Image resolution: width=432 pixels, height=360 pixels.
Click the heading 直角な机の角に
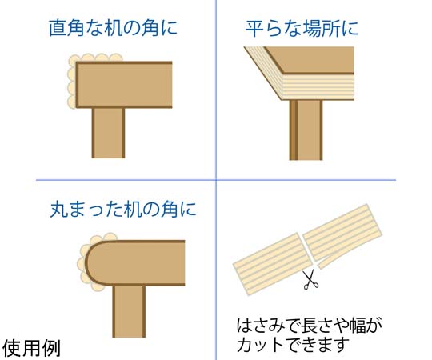click(x=113, y=28)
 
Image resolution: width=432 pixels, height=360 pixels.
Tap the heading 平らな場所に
click(x=302, y=28)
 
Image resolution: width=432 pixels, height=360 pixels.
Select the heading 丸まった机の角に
click(x=123, y=210)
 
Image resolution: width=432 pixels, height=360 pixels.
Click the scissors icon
click(x=310, y=280)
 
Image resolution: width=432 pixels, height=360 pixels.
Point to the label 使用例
click(x=31, y=348)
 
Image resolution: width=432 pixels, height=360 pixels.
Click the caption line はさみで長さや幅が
click(x=310, y=326)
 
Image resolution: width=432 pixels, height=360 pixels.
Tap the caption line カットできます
click(x=293, y=345)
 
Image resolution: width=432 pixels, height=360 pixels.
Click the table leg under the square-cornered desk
click(x=108, y=133)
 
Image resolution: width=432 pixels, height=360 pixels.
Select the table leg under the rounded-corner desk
click(x=129, y=311)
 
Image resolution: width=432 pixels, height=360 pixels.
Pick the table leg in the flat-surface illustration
click(x=306, y=130)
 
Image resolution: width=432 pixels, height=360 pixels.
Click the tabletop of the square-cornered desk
click(x=124, y=85)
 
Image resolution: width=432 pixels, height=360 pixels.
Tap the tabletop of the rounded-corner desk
click(x=134, y=263)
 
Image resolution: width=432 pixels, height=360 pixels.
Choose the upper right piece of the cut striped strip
click(x=342, y=232)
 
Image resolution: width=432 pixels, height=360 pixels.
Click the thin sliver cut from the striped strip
click(x=330, y=262)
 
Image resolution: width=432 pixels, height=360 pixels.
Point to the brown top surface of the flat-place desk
click(x=309, y=60)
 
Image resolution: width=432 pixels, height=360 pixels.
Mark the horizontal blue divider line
click(x=216, y=180)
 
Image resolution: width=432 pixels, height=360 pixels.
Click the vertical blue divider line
click(x=216, y=180)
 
